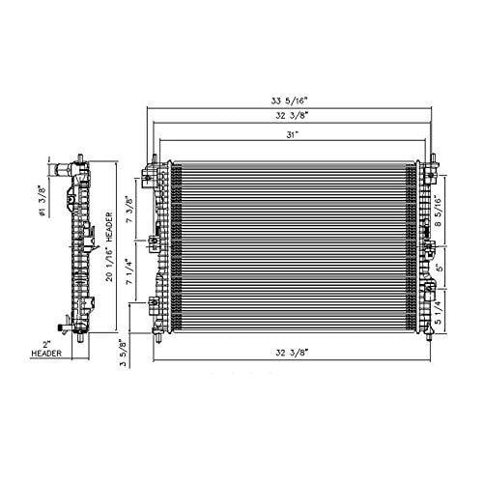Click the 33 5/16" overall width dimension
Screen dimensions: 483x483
290,101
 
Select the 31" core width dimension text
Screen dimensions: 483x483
291,135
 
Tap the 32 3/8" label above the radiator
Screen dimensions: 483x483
292,115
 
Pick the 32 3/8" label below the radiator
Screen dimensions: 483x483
292,353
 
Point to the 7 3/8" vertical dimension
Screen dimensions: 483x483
129,209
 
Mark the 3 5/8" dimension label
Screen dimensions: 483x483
123,353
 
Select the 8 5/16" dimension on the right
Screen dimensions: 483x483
438,211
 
